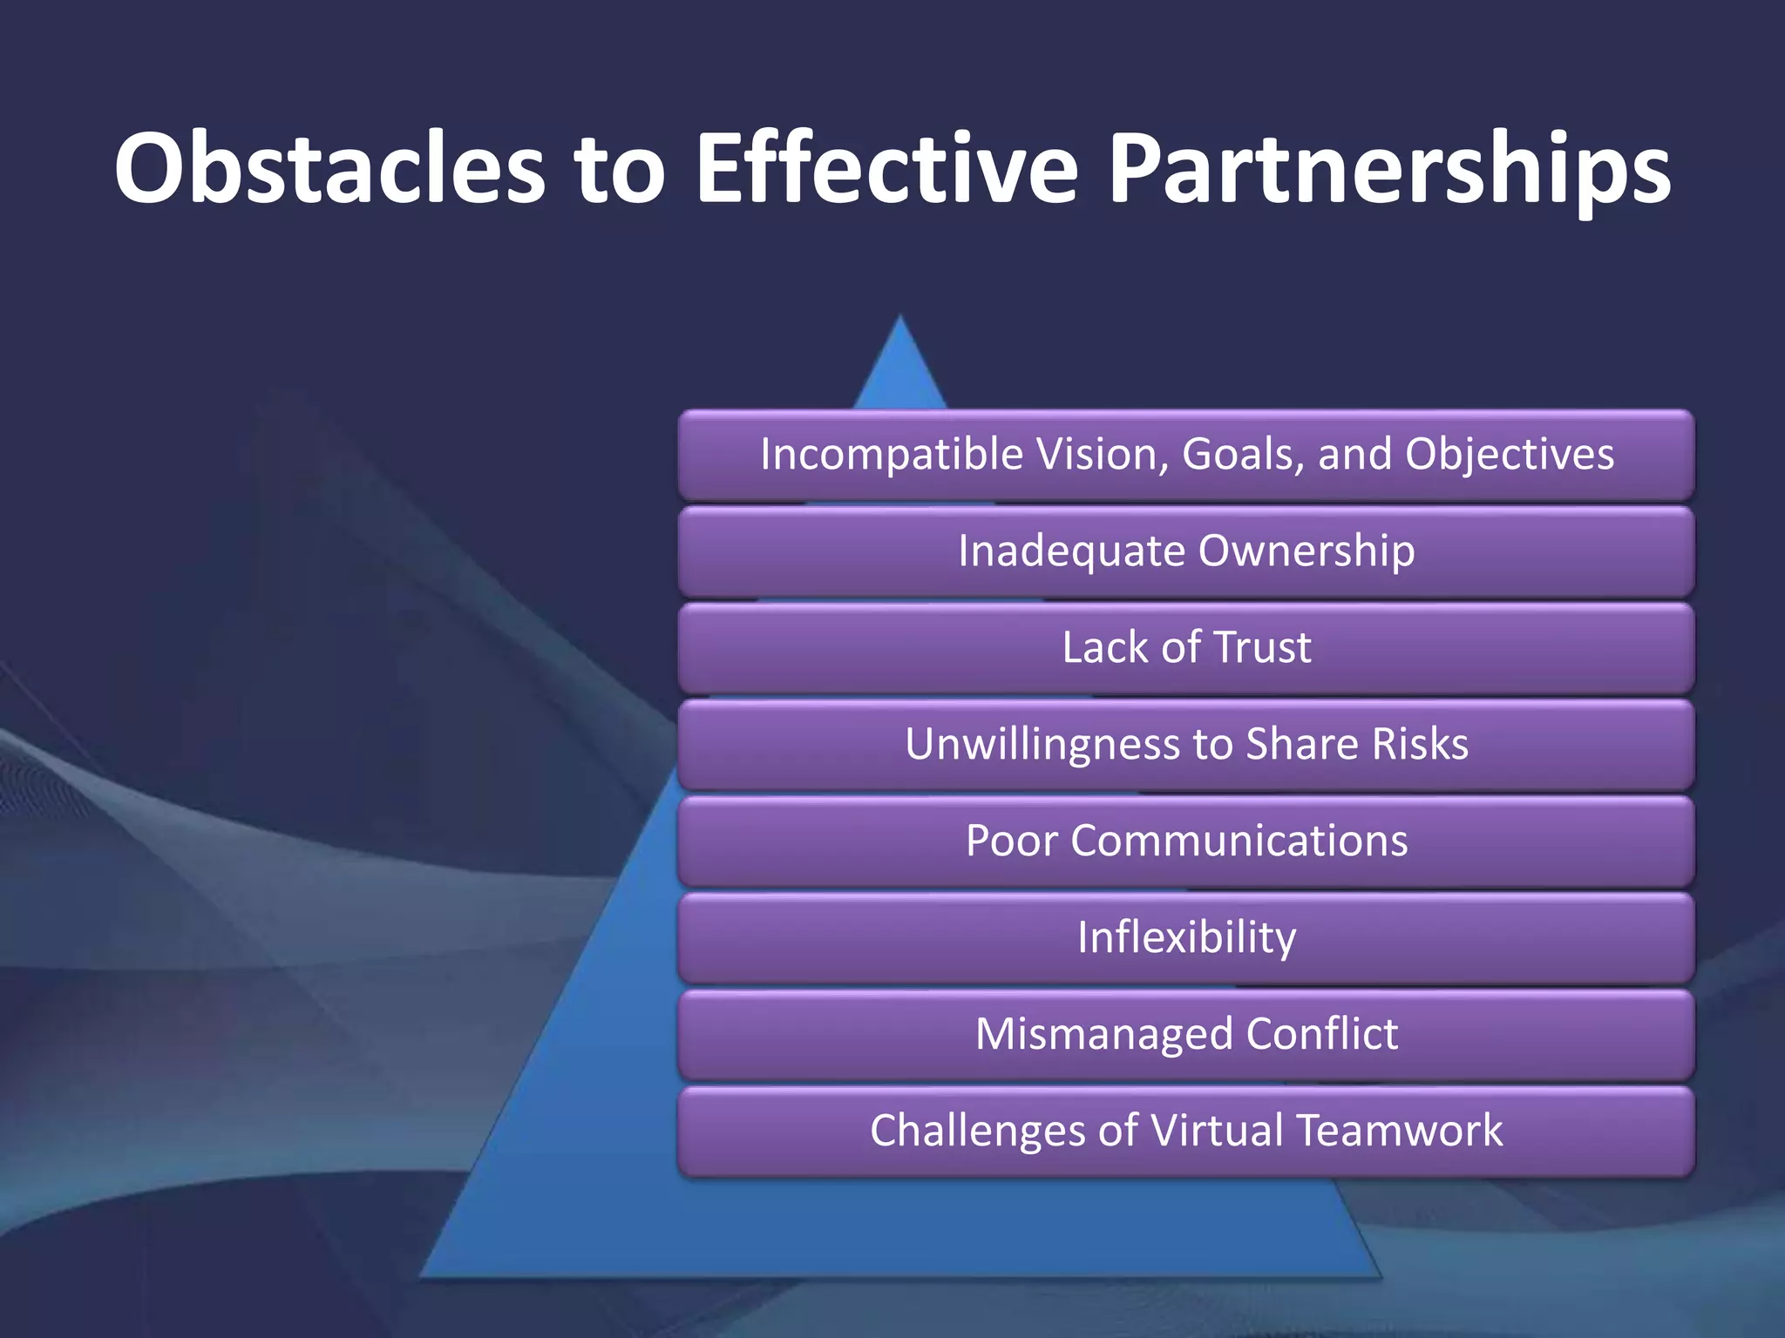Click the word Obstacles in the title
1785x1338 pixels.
pyautogui.click(x=329, y=167)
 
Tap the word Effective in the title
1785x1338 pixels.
pyautogui.click(x=886, y=167)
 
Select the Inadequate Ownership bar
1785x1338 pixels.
pyautogui.click(x=1186, y=551)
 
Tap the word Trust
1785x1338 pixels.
pyautogui.click(x=1262, y=647)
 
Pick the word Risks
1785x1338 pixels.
pyautogui.click(x=1420, y=744)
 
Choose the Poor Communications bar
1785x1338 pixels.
pyautogui.click(x=1186, y=841)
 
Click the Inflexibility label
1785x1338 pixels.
pyautogui.click(x=1186, y=938)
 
